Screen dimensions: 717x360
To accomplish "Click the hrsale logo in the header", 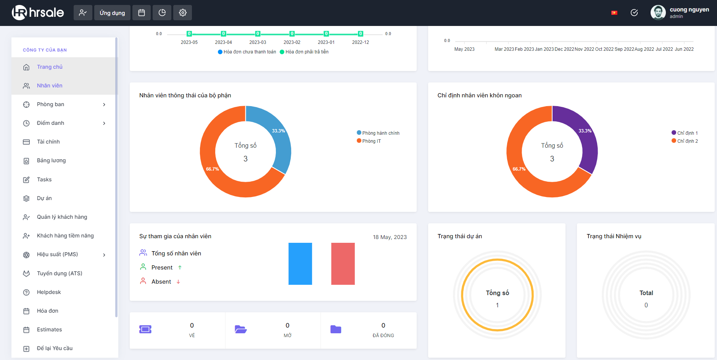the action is coord(38,13).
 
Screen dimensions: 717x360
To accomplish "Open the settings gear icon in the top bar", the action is coord(183,13).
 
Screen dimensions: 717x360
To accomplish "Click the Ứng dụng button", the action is coord(112,13).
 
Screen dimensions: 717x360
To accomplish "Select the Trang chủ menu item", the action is coord(50,67).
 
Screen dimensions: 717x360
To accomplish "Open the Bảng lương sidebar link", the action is coord(51,160).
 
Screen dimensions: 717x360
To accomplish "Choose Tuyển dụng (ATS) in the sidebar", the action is coord(60,273).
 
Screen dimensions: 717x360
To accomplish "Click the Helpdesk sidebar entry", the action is coord(49,292).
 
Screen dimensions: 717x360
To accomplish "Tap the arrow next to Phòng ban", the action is coord(104,105).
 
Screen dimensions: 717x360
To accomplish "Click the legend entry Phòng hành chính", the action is coord(378,133).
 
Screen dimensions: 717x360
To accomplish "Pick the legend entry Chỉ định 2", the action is coord(685,141).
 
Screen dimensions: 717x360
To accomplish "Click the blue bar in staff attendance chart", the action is coord(300,264).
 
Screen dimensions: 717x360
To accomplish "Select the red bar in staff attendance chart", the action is coord(343,264).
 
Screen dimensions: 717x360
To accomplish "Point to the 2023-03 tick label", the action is coord(258,42).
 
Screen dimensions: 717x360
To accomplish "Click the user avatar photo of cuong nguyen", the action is coord(658,13).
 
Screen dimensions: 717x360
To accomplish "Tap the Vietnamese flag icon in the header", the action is coord(614,13).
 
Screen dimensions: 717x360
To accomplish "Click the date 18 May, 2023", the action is coord(390,237).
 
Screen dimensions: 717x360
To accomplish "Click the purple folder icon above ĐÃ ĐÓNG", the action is coord(336,329).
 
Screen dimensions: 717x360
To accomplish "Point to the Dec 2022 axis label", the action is coord(564,49).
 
